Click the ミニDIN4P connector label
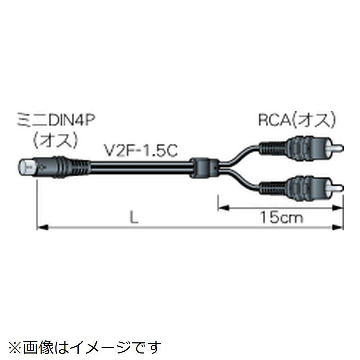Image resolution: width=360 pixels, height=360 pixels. point(56,120)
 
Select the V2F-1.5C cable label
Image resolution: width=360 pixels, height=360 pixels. point(141,150)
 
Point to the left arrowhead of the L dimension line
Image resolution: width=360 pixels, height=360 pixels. point(42,228)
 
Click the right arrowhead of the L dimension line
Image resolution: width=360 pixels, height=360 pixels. point(338,228)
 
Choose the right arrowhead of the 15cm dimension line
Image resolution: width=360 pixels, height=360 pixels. point(338,208)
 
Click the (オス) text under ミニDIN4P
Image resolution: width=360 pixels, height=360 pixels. point(56,140)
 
